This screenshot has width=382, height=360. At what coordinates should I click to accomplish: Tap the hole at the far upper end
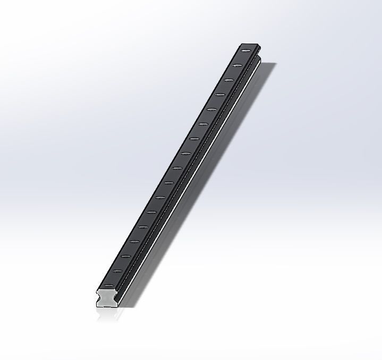246,51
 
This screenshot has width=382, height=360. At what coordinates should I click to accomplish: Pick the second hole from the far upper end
237,65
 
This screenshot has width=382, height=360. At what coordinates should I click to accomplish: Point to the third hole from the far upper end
228,80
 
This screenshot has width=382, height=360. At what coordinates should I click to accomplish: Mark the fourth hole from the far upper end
220,95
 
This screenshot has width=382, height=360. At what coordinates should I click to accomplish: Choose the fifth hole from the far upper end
211,110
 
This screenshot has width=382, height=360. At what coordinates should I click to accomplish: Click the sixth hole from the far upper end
202,124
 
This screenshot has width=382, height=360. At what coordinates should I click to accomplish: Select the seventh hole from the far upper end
194,139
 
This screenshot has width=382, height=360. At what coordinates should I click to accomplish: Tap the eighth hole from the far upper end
185,154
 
